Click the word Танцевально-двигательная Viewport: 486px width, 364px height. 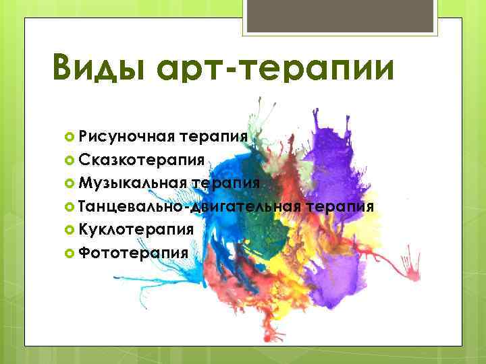click(189, 206)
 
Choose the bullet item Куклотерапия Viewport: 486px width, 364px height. click(136, 229)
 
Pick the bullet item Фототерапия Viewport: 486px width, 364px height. click(132, 252)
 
